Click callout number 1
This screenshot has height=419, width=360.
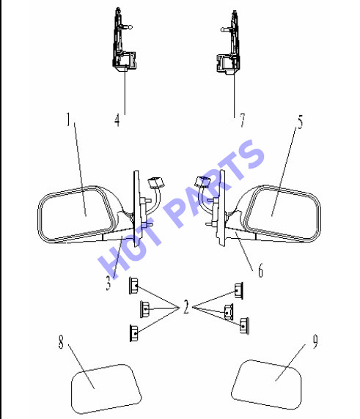[x=69, y=119]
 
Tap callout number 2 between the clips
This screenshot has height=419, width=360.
[x=186, y=307]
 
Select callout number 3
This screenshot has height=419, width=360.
[x=108, y=283]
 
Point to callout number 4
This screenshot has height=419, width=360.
[x=117, y=119]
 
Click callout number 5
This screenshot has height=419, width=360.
[x=301, y=122]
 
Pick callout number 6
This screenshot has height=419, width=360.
[x=260, y=270]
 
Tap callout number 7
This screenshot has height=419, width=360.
[x=242, y=120]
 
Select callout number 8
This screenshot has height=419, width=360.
[x=61, y=342]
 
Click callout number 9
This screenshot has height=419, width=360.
[x=315, y=341]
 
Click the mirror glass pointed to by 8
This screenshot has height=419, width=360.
[x=106, y=389]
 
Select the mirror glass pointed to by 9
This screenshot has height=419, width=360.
[x=266, y=385]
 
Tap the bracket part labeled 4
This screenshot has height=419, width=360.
[x=123, y=40]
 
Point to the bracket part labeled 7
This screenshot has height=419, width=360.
[x=229, y=42]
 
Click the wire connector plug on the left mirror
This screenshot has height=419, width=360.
[x=156, y=182]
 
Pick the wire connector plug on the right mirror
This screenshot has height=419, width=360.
[x=203, y=182]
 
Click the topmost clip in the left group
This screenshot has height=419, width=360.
[x=133, y=286]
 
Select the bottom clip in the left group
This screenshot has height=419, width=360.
[x=134, y=333]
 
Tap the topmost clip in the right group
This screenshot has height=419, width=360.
[x=239, y=291]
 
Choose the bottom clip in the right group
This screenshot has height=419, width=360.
[x=244, y=326]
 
